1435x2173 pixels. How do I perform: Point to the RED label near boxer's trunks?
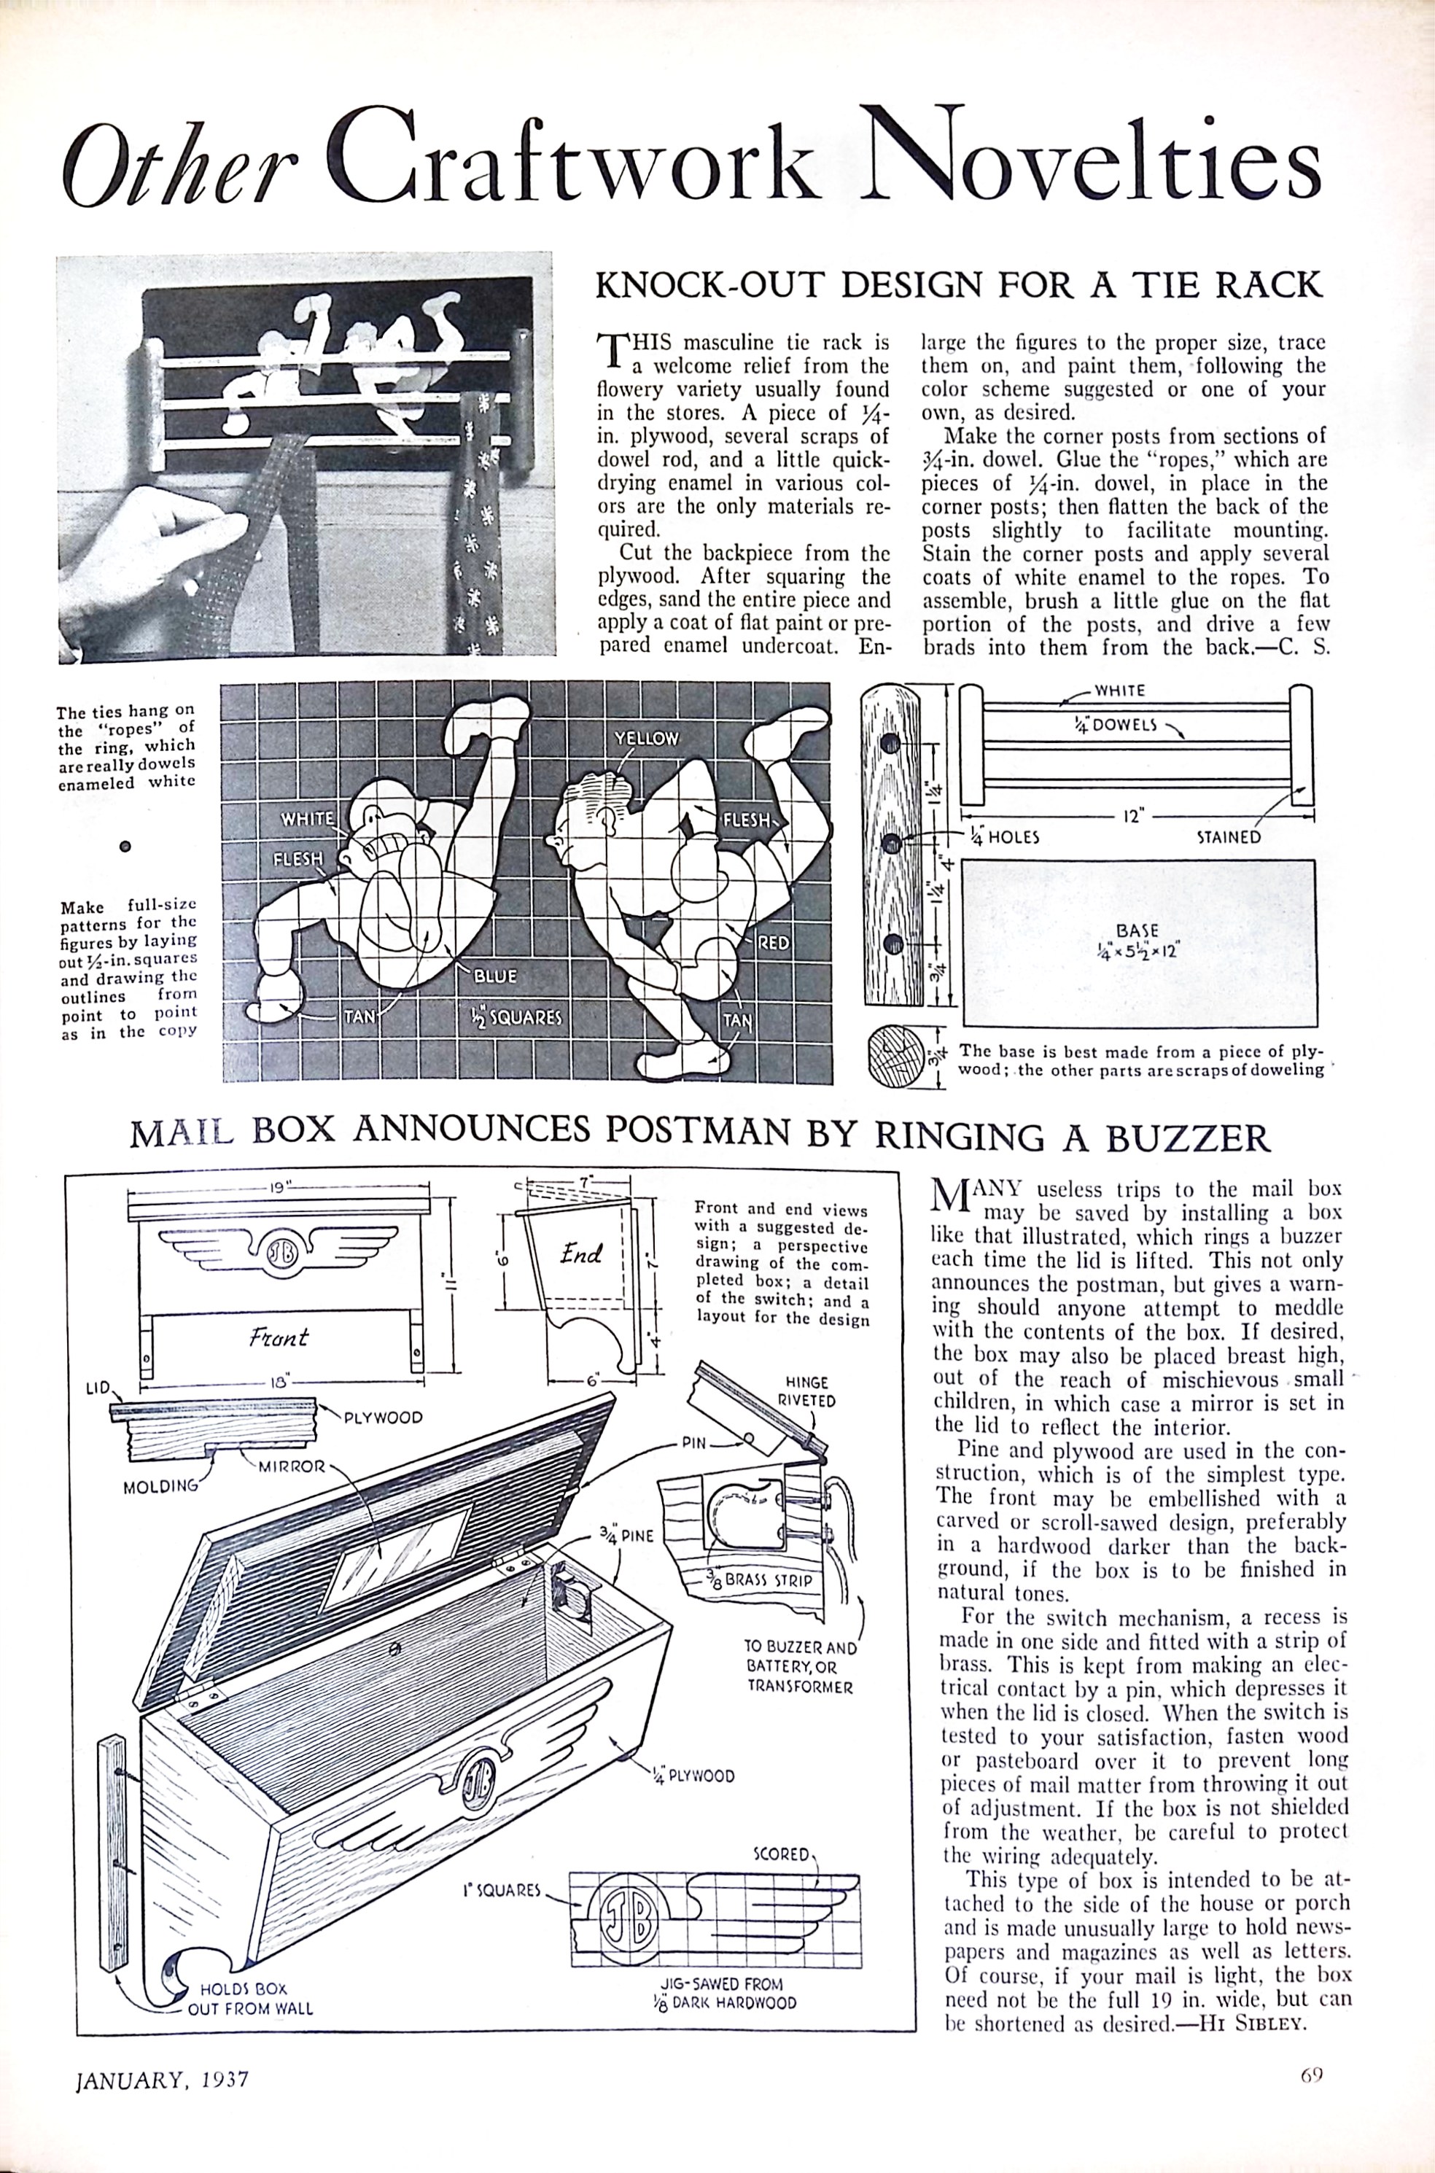click(x=774, y=941)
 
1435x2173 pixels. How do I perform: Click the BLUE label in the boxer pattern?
click(x=495, y=976)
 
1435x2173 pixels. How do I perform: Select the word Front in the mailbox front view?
click(x=279, y=1337)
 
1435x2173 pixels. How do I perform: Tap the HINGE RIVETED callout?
click(x=806, y=1391)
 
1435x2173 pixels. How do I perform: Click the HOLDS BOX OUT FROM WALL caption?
click(x=250, y=2009)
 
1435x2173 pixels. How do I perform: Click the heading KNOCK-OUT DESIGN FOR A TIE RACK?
click(x=959, y=284)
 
